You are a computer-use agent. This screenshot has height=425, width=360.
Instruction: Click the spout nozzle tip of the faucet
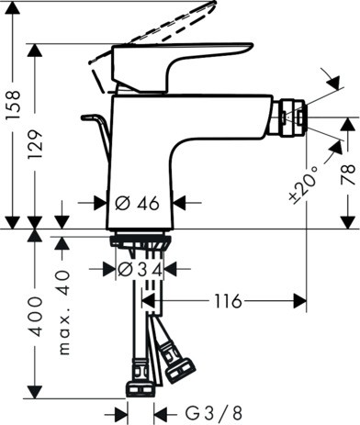pos(296,117)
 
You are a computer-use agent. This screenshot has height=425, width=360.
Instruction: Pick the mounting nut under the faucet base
pos(139,242)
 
